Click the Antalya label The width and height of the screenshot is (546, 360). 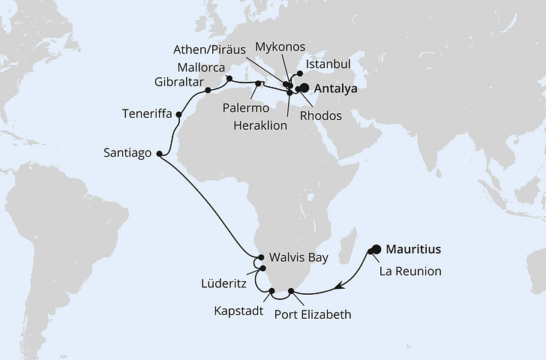[x=334, y=88]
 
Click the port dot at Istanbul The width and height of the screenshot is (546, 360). [x=300, y=73]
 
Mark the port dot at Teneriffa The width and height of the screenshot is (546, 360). [x=178, y=114]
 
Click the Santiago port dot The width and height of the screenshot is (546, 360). [x=158, y=153]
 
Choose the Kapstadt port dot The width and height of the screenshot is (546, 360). [x=271, y=289]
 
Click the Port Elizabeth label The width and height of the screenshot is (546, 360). [x=313, y=314]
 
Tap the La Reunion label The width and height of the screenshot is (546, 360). [x=409, y=270]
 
